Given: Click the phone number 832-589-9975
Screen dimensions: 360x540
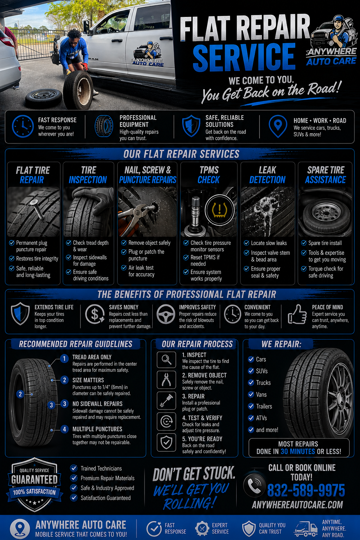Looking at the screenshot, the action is point(306,490).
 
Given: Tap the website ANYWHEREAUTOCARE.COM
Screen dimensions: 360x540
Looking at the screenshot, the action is point(297,505).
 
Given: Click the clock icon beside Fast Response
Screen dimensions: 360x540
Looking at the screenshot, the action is point(22,126).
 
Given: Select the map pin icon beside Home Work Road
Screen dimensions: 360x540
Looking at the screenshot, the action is point(278,126).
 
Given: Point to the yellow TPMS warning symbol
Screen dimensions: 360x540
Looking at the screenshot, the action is point(219,210).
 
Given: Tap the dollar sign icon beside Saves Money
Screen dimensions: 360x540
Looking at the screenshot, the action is point(95,314).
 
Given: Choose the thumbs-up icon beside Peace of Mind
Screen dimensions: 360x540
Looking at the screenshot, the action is point(297,314).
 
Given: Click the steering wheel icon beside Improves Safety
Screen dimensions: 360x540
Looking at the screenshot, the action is point(166,314).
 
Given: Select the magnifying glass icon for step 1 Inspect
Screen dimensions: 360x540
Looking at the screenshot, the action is point(166,360).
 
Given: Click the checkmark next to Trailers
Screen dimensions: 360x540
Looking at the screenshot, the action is point(251,406).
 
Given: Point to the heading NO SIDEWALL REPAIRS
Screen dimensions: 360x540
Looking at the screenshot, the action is point(97,404).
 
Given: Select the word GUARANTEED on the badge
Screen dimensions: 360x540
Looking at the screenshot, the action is point(34,480).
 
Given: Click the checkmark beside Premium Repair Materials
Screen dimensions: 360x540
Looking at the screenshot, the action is point(73,478).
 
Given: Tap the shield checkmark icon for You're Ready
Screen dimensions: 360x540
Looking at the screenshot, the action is point(166,443).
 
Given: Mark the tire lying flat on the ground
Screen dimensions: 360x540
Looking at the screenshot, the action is point(44,97).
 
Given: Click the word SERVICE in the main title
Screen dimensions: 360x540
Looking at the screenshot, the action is point(244,57).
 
